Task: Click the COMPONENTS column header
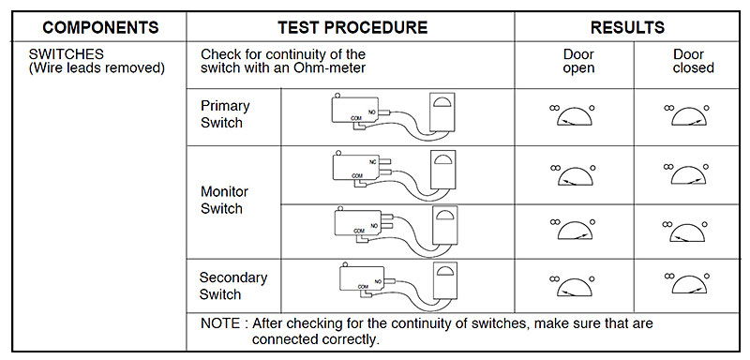[100, 27]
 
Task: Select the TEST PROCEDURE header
[352, 27]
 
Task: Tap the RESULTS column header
[627, 27]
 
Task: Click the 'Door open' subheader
[578, 61]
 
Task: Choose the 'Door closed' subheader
[693, 61]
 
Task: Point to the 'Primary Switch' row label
[225, 113]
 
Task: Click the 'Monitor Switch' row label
[224, 200]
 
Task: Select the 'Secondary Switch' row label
[232, 285]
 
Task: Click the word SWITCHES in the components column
[66, 54]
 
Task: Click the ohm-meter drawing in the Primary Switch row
[442, 112]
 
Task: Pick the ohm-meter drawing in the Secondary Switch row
[444, 280]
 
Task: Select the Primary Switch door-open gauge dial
[574, 115]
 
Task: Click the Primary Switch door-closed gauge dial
[688, 115]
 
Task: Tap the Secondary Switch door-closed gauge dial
[688, 283]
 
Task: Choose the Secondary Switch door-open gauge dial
[574, 285]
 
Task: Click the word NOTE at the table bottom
[220, 323]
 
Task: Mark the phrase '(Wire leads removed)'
[97, 67]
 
